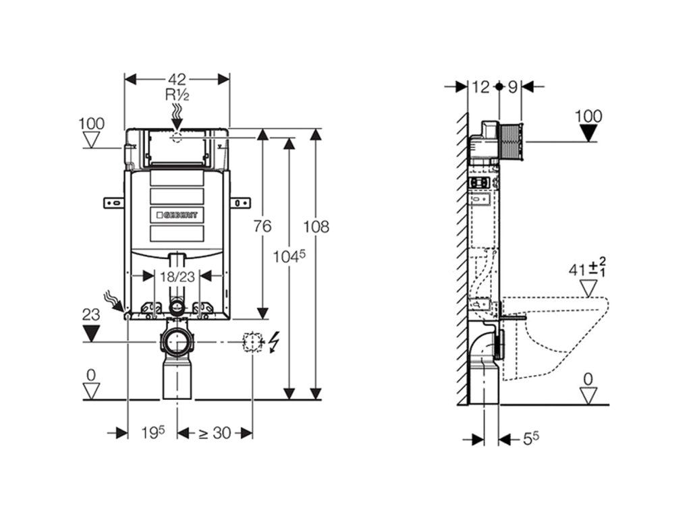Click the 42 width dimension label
coord(177,79)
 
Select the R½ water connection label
coord(177,95)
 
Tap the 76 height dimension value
coord(262,227)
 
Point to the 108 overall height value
coord(316,227)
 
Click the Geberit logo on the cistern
coord(177,214)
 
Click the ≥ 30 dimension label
coord(215,433)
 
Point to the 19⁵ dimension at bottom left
coord(153,433)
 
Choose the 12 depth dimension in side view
coord(480,86)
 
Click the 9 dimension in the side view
coord(512,86)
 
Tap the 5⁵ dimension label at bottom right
coord(531,438)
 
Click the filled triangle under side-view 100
coord(589,133)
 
